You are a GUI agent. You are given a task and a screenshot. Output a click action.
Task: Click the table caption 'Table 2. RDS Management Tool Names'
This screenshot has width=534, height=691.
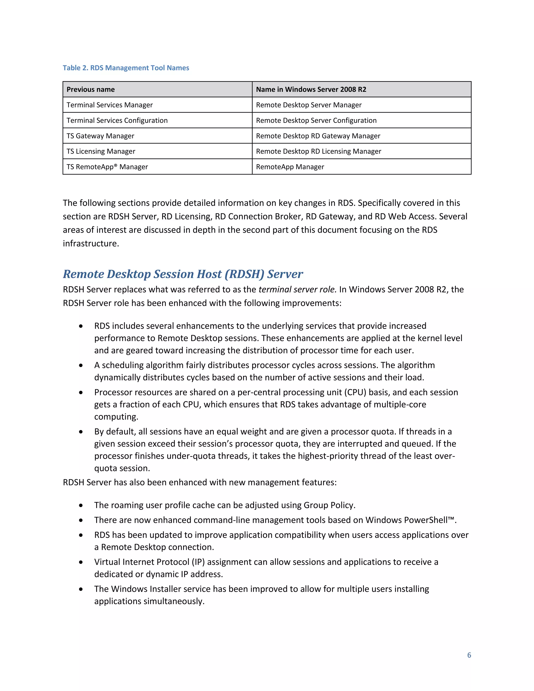point(126,68)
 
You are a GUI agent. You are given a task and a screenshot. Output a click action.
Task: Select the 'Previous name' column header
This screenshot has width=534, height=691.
point(90,89)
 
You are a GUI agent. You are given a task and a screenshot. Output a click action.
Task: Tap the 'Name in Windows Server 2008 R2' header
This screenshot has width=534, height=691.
point(311,89)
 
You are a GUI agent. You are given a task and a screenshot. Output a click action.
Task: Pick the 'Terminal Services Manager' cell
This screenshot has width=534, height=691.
point(110,105)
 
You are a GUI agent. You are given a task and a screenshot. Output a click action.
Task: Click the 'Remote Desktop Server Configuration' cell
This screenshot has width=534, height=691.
point(316,120)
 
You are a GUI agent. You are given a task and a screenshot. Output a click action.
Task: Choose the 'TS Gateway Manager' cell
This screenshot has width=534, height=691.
point(100,136)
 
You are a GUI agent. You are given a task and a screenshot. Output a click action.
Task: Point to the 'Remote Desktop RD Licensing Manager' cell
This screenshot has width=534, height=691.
point(318,151)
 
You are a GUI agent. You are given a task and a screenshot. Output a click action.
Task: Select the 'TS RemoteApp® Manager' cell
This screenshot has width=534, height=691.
point(107,167)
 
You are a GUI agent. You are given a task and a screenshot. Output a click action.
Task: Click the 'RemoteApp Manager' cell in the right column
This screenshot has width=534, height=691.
point(290,167)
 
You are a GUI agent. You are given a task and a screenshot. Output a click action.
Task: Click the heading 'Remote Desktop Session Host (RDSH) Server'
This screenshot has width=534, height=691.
point(183,274)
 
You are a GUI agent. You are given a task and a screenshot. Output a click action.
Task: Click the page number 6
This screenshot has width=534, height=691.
point(469,655)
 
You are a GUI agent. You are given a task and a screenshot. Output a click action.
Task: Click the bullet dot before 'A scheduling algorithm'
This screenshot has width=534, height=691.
point(81,365)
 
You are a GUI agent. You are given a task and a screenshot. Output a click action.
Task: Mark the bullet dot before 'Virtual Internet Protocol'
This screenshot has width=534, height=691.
point(81,562)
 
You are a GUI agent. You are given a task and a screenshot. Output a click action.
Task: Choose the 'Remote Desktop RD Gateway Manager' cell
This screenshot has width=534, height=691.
point(318,136)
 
